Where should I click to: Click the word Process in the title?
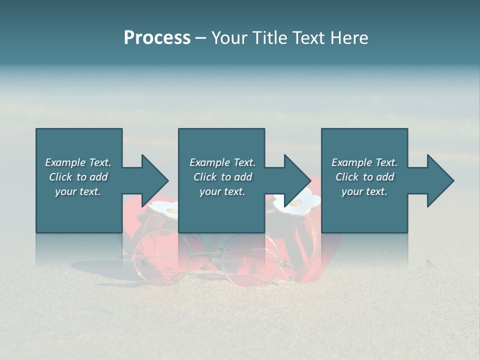[x=157, y=38]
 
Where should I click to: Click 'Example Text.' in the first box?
[x=78, y=162]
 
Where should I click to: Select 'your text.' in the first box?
[x=78, y=191]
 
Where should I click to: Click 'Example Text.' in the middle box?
[x=222, y=162]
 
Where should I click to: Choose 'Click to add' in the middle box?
[x=222, y=177]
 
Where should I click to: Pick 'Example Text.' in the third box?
[x=364, y=162]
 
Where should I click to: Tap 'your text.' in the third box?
[x=364, y=191]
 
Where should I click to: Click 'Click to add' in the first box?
[x=78, y=177]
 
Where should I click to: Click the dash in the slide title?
[x=200, y=38]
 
